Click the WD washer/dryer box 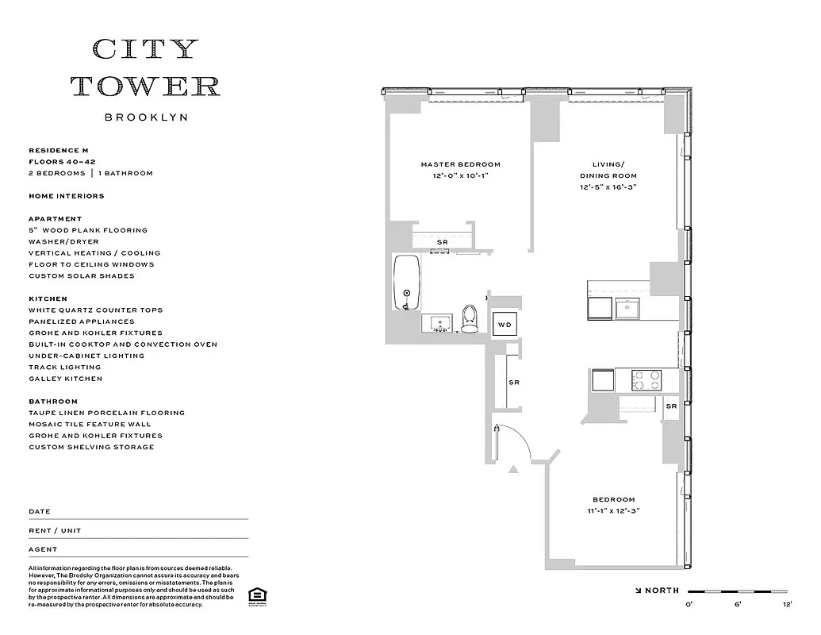[504, 325]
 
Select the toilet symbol [470, 318]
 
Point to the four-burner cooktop [647, 379]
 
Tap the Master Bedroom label [460, 164]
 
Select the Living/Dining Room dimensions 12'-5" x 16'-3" [608, 187]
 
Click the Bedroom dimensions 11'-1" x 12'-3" [609, 511]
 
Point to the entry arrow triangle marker [513, 470]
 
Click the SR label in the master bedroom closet [442, 242]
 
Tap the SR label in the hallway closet [513, 383]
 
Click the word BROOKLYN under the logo [146, 117]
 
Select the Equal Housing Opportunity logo [256, 595]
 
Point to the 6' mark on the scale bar [738, 604]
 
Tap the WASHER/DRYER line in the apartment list [64, 241]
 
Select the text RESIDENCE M [59, 150]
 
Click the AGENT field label [43, 549]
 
